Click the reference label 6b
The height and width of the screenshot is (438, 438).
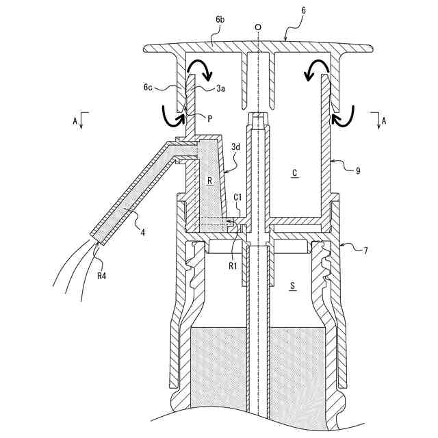pos(220,21)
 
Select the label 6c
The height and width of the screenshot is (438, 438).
pos(149,88)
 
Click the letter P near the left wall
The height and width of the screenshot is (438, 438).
pos(210,118)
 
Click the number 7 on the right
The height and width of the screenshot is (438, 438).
pos(365,251)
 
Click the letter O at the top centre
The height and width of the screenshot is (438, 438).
pos(257,29)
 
